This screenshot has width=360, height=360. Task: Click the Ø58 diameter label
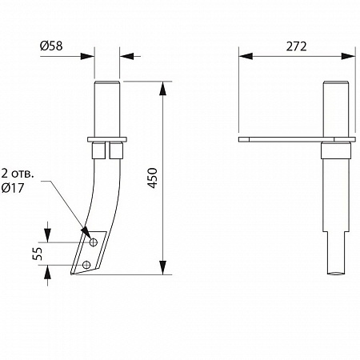[51, 46]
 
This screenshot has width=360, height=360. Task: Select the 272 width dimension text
[297, 46]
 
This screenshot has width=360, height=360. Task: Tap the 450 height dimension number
[153, 178]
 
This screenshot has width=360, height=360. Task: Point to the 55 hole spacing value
[38, 254]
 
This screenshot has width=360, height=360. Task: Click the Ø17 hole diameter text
[13, 188]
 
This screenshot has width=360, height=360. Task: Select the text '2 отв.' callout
[18, 174]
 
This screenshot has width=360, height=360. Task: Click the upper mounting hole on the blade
[93, 242]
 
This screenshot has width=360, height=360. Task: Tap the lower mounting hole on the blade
[86, 265]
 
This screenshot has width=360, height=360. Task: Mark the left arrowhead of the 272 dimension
[246, 56]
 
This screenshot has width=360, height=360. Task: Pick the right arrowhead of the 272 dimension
[348, 56]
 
